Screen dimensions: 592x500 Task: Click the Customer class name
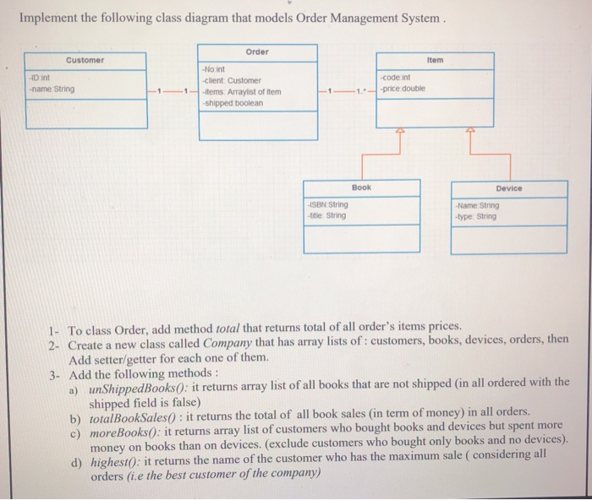[x=85, y=60]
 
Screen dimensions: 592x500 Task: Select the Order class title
[x=258, y=52]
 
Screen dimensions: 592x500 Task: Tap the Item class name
[x=435, y=61]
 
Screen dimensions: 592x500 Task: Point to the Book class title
[x=361, y=187]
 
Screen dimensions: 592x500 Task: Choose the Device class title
[x=509, y=188]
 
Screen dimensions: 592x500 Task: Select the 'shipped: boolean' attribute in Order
[x=233, y=103]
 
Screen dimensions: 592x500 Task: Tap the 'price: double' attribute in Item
[x=405, y=88]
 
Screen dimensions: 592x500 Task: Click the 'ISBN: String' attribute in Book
[x=329, y=204]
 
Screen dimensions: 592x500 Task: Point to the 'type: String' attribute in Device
[x=478, y=216]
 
